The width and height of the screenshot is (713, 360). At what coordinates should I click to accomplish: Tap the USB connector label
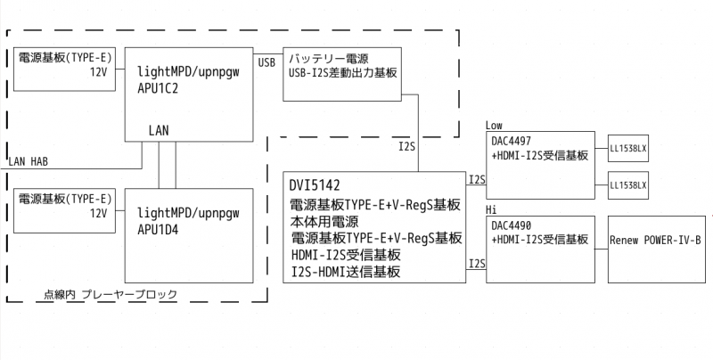pos(266,62)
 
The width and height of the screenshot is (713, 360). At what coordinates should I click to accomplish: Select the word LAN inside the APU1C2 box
pos(160,130)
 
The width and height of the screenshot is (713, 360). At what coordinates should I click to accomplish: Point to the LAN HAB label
pos(28,162)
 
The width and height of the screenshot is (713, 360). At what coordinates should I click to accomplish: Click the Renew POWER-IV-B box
pos(655,241)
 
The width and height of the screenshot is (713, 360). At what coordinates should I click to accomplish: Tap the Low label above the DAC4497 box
pos(496,125)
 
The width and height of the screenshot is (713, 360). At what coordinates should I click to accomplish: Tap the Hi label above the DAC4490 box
pos(491,209)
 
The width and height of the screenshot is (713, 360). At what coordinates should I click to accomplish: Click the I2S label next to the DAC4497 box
pos(477,180)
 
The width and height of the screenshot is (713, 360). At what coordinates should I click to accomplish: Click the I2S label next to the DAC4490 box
pos(477,264)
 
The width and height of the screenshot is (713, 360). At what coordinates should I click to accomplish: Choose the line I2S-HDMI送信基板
pos(345,272)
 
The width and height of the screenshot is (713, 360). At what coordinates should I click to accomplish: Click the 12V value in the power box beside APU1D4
pos(98,214)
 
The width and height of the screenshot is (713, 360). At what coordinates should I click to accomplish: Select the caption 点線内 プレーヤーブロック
pos(110,293)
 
